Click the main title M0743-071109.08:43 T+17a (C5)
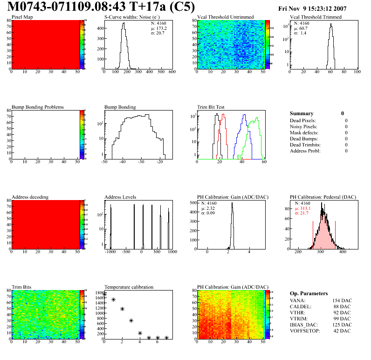[x=100, y=7]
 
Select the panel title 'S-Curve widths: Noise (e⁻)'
[x=129, y=17]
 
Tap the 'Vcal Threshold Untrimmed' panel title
[x=226, y=17]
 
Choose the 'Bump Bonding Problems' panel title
[x=38, y=107]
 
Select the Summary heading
[x=302, y=113]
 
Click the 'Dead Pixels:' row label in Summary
[x=303, y=120]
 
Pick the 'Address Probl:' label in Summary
[x=305, y=151]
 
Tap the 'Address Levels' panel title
[x=121, y=197]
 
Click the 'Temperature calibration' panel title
[x=129, y=287]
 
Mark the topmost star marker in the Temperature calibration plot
[x=105, y=294]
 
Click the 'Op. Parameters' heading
[x=309, y=293]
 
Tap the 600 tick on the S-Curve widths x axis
[x=172, y=72]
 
